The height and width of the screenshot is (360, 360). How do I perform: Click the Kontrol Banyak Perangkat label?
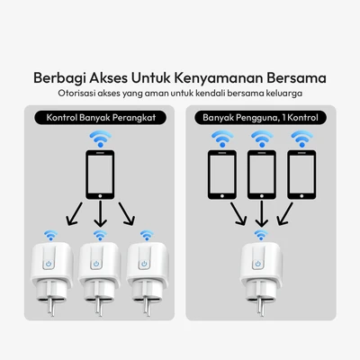[100, 117]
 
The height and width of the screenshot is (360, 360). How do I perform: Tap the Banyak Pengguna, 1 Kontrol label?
[260, 117]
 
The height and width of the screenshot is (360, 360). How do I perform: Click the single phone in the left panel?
[99, 174]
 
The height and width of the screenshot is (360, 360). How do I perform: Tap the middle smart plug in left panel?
[99, 270]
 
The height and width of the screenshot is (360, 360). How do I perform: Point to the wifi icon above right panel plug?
[260, 235]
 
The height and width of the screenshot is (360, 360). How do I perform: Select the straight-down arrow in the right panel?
[260, 213]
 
